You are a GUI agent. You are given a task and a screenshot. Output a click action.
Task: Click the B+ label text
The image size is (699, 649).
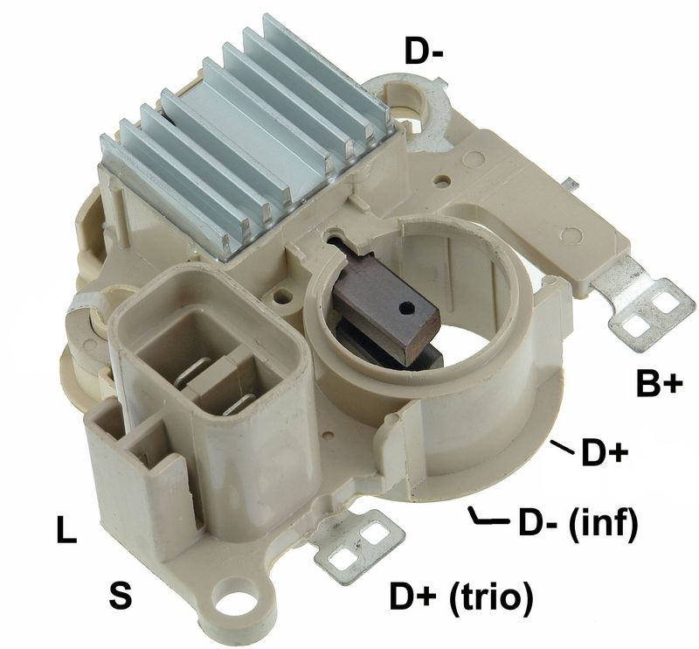coord(659,385)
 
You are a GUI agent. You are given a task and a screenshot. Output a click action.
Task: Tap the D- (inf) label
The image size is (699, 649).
coord(578,521)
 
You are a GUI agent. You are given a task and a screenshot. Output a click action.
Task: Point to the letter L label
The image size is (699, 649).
coord(66,530)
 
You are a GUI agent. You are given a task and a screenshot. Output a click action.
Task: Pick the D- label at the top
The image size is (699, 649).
coord(424,51)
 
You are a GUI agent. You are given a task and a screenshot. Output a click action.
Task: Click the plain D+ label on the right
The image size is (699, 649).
coord(605,454)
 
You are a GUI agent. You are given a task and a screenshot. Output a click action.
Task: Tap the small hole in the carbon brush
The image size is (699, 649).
coord(406,307)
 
